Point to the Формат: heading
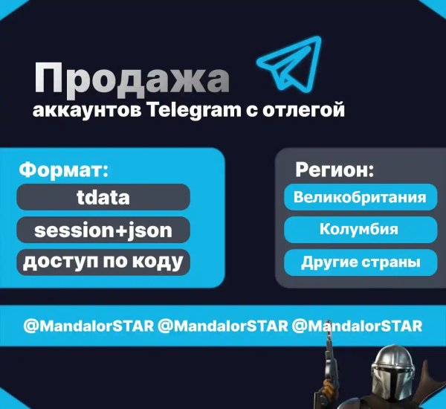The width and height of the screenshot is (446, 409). (x=63, y=169)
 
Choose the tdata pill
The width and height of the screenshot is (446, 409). (x=103, y=197)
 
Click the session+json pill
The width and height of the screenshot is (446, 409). (x=103, y=230)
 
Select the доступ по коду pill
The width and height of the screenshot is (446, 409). (x=103, y=262)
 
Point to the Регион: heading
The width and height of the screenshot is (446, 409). (x=334, y=170)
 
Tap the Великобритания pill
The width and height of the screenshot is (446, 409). (x=360, y=198)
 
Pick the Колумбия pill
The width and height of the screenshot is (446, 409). (x=360, y=230)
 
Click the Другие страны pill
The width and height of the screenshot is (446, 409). (x=360, y=262)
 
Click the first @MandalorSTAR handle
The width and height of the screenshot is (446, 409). (x=88, y=326)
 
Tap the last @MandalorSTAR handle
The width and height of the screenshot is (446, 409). (x=358, y=326)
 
